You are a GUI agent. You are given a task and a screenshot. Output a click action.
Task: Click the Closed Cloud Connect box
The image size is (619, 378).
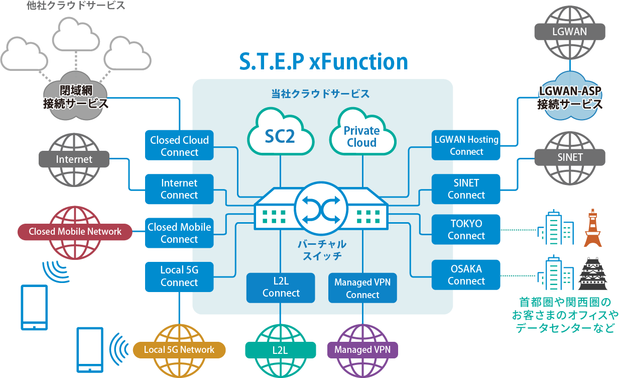pyautogui.click(x=179, y=146)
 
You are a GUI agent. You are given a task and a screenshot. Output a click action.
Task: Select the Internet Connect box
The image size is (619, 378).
pyautogui.click(x=179, y=189)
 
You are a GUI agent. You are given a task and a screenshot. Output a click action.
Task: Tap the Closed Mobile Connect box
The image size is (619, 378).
pyautogui.click(x=179, y=233)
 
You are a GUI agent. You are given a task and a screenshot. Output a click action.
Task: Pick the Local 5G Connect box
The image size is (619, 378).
pyautogui.click(x=179, y=276)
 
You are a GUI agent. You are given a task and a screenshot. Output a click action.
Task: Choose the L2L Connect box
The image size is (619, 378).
pyautogui.click(x=281, y=288)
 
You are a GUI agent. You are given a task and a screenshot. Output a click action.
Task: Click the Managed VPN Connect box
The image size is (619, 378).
pyautogui.click(x=362, y=288)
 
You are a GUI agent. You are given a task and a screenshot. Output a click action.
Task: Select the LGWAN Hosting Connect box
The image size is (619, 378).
pyautogui.click(x=466, y=145)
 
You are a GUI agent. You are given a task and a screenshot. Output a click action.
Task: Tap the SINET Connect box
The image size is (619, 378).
pyautogui.click(x=466, y=189)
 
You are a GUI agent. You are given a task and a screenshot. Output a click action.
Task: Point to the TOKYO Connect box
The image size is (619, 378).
pyautogui.click(x=466, y=230)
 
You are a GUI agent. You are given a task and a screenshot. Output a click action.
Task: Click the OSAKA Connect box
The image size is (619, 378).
pyautogui.click(x=466, y=274)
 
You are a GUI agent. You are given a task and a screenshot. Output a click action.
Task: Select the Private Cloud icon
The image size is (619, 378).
pyautogui.click(x=361, y=134)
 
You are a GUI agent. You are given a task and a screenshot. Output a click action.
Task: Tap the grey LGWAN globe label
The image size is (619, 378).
pyautogui.click(x=569, y=31)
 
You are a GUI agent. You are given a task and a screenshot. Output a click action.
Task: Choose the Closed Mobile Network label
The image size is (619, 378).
pyautogui.click(x=75, y=232)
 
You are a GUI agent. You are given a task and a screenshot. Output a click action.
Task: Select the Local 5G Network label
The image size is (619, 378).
pyautogui.click(x=179, y=350)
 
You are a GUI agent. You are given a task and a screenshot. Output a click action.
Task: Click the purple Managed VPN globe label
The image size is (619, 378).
pyautogui.click(x=362, y=350)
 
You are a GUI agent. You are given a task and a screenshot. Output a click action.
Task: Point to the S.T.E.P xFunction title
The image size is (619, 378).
pyautogui.click(x=323, y=61)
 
